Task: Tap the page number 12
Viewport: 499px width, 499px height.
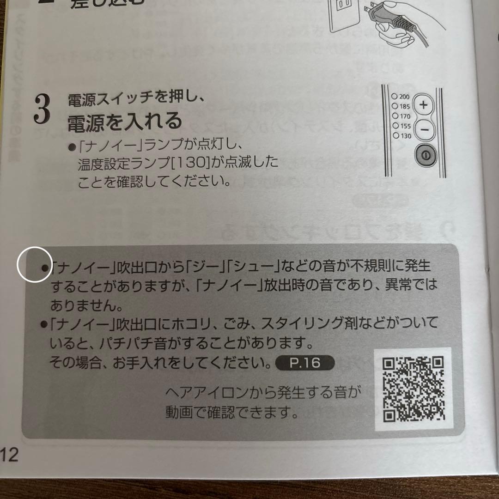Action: coord(10,455)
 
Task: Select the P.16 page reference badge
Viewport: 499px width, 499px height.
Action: coord(304,363)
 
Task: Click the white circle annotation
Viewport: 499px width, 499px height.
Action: coord(34,264)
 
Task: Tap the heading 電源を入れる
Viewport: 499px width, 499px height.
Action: coord(124,122)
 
